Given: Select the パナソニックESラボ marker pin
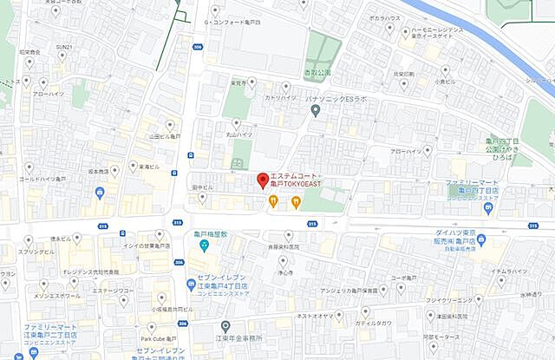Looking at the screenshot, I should (x=316, y=110).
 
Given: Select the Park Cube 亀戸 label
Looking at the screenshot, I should (x=159, y=337).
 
